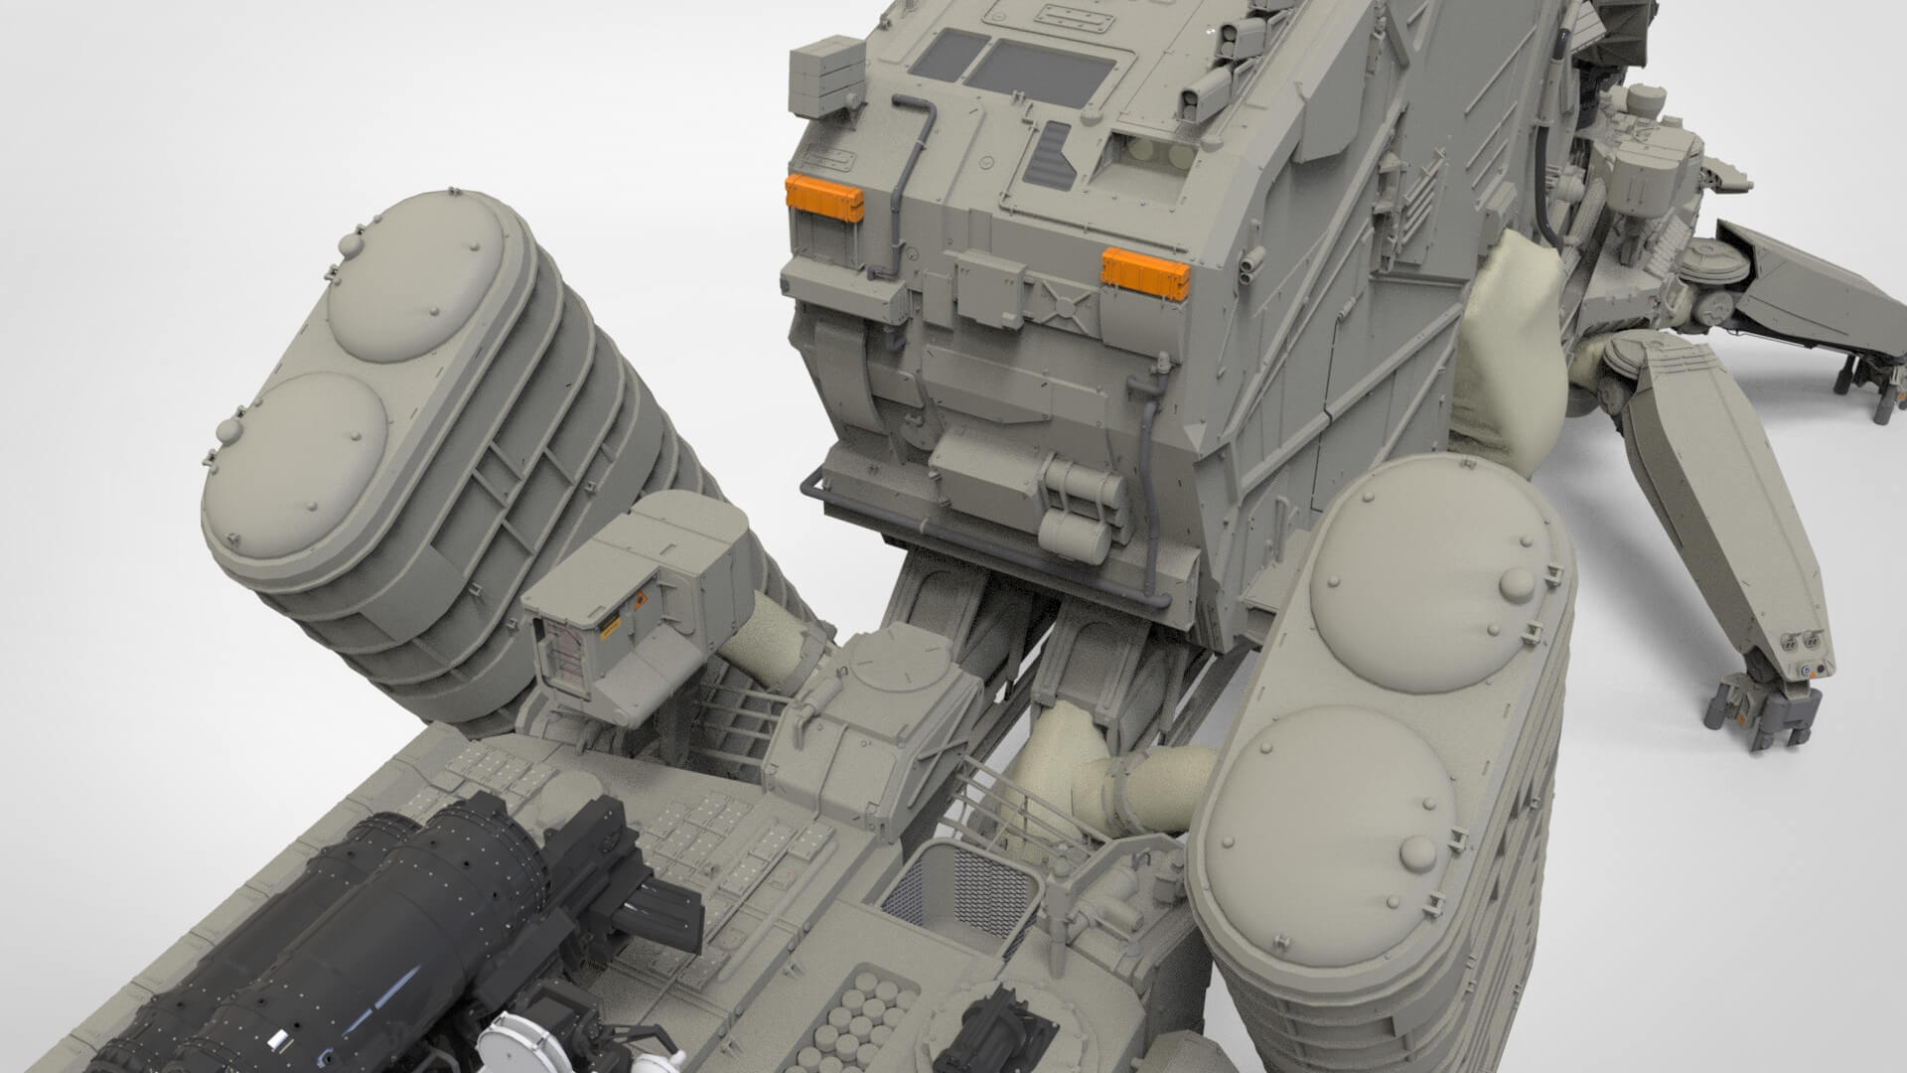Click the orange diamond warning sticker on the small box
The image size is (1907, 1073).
click(640, 602)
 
